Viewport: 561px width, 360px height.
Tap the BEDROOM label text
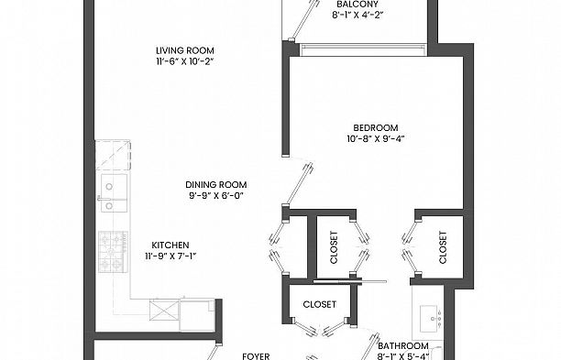[375, 126]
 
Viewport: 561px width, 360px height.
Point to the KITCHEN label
[170, 245]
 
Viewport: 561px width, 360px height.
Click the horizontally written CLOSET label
[319, 304]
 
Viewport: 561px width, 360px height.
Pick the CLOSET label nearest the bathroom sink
[443, 246]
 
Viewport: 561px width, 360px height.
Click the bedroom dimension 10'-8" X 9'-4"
[375, 138]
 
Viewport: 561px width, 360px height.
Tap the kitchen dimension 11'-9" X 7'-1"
[170, 256]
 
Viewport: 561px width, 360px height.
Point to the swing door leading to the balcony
[295, 20]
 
